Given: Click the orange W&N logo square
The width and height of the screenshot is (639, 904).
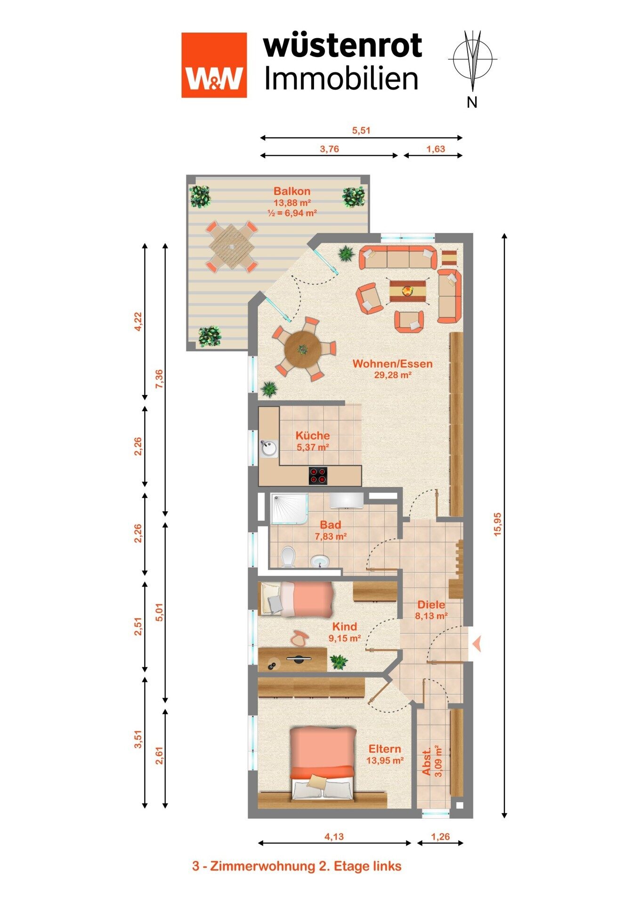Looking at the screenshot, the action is click(214, 65).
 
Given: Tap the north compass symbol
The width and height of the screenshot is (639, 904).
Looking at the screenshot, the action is click(473, 61).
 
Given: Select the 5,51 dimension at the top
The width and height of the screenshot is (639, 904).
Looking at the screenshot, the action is click(361, 130).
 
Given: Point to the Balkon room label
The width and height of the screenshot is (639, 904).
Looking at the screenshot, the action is click(292, 191).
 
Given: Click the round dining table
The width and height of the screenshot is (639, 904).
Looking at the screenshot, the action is click(303, 350).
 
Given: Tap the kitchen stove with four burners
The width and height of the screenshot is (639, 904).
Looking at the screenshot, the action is click(318, 475).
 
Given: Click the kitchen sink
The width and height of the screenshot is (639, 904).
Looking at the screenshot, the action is click(269, 449).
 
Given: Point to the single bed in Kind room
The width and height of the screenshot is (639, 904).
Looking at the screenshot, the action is click(296, 598).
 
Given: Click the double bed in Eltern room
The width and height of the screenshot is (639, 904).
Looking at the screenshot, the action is click(323, 763).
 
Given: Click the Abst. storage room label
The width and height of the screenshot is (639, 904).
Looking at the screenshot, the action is click(427, 762).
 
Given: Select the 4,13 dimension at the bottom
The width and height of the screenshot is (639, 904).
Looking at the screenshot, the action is click(334, 837).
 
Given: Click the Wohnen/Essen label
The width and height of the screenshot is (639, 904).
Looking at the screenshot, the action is click(393, 363).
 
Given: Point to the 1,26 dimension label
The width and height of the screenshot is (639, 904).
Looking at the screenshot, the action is click(440, 837).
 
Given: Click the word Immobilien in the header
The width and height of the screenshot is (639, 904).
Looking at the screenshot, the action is click(341, 78).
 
